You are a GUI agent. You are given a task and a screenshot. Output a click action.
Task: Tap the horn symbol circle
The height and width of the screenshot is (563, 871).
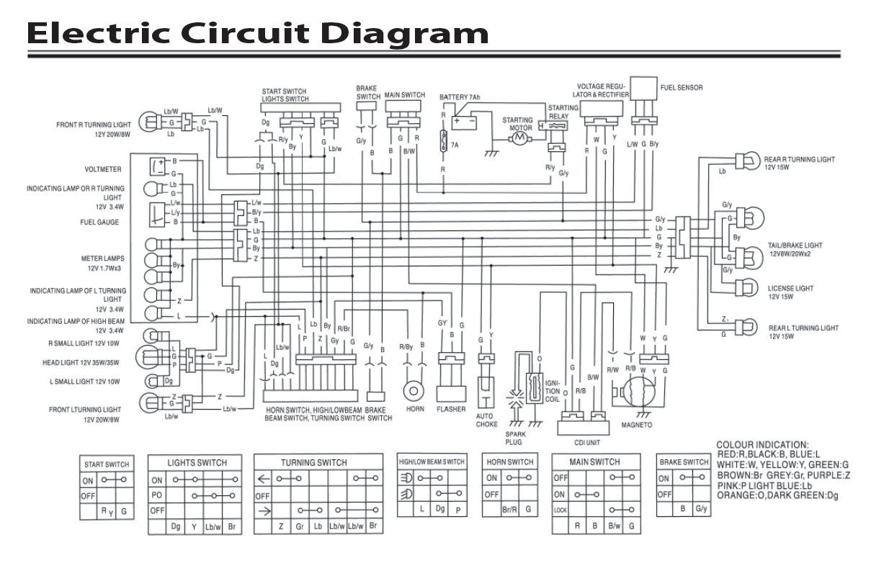pos(414,391)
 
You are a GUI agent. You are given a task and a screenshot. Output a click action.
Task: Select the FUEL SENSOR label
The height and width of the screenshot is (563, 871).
pos(681,88)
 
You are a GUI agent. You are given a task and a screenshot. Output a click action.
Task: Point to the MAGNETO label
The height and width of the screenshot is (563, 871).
pos(637,425)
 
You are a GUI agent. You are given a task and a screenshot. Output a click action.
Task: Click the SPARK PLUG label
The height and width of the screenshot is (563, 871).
pos(514,438)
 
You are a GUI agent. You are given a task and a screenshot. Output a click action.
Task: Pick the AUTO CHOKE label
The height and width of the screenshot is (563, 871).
pos(487,420)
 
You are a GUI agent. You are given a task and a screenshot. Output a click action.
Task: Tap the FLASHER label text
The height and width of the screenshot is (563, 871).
pos(451,410)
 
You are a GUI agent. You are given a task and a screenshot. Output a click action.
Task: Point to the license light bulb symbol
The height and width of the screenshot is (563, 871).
pos(746,289)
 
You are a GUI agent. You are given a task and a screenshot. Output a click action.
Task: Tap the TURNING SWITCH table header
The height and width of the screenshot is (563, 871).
pos(313,462)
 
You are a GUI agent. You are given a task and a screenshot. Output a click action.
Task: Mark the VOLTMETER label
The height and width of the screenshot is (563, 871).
pos(102,171)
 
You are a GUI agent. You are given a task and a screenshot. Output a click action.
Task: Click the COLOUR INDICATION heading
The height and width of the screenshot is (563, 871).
pos(763,445)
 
